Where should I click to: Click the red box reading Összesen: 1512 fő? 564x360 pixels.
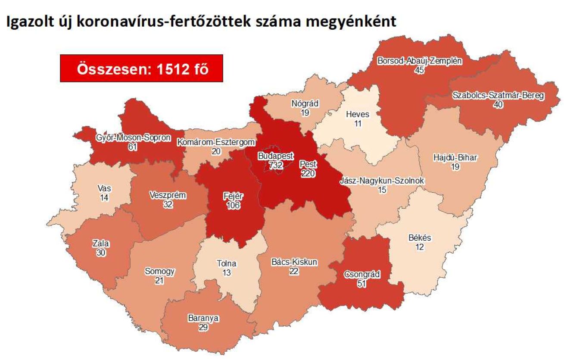point(141,69)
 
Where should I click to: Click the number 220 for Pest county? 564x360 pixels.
point(308,174)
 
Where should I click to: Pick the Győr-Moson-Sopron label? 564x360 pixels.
point(133,138)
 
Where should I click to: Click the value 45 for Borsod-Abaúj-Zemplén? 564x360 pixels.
point(420,70)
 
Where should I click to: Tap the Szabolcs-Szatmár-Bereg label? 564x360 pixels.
point(498,96)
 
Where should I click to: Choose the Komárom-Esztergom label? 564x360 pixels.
point(216,142)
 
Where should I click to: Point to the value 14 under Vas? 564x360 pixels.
point(104,198)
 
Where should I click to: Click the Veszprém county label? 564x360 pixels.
point(168,195)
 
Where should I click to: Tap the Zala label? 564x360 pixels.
point(101,244)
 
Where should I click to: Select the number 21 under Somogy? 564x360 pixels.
point(159,281)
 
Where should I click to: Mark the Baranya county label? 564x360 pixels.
point(203,319)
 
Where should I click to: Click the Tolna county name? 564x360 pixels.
point(227,263)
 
